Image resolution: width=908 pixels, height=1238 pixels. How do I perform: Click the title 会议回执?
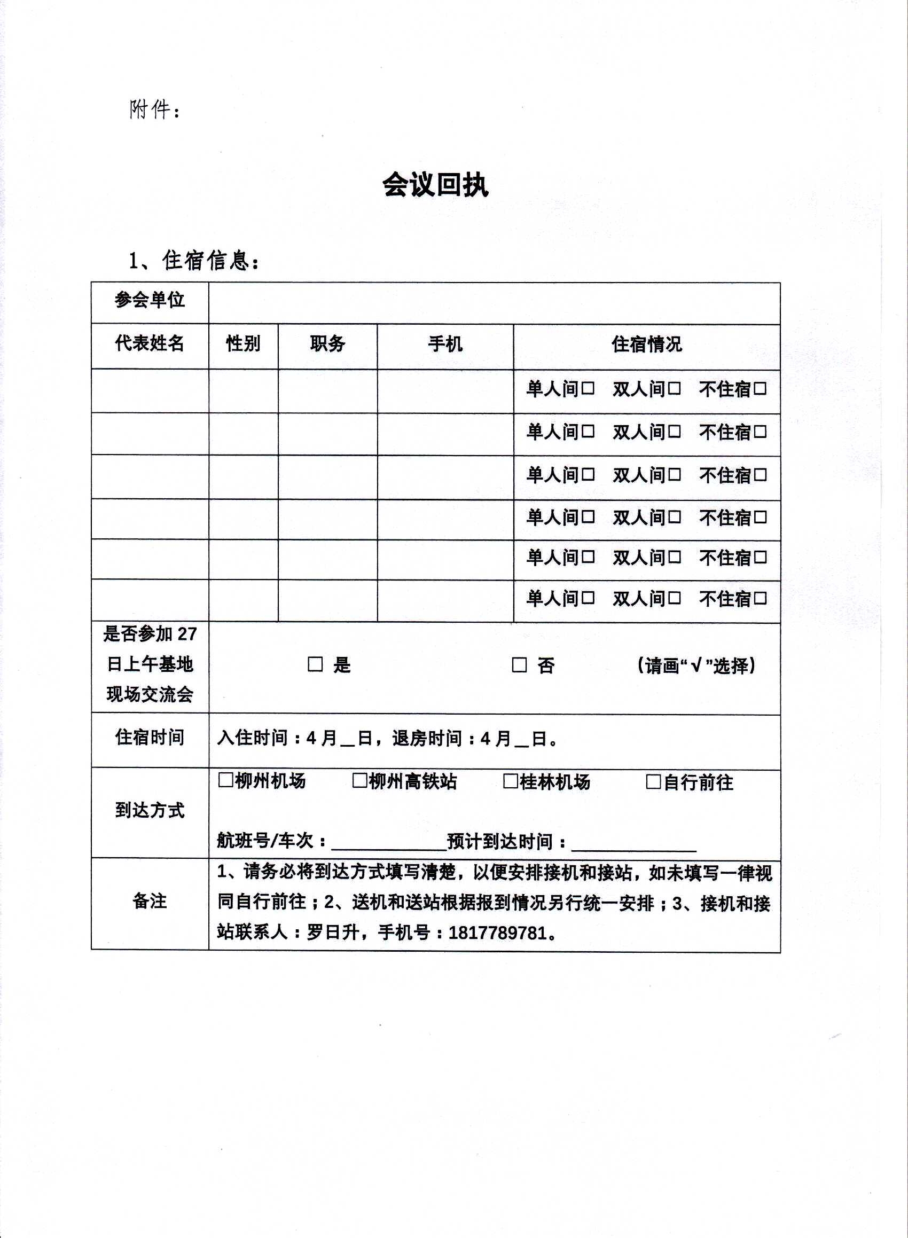point(435,185)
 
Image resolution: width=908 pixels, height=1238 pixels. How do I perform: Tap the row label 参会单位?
point(150,300)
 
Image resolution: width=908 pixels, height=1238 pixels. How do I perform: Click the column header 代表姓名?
point(150,343)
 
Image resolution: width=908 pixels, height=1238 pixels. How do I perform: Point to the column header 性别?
point(243,343)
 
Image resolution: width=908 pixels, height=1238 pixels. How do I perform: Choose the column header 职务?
point(327,343)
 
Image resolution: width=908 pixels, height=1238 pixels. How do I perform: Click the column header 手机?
point(445,344)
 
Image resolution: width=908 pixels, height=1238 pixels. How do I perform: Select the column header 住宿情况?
point(646,344)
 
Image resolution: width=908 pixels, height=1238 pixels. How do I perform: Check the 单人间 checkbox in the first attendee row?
point(588,388)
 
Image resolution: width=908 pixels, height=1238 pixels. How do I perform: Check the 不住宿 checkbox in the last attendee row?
point(760,598)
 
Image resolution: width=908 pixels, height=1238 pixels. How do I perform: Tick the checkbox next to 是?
point(315,664)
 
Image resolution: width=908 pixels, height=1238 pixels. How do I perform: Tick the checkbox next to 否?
point(519,665)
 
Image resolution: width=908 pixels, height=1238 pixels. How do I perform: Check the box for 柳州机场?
point(225,780)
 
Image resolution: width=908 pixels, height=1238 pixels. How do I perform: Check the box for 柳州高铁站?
point(359,781)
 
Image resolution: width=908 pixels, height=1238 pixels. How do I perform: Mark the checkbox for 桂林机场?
point(511,781)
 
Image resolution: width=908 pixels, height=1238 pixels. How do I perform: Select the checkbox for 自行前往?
point(653,782)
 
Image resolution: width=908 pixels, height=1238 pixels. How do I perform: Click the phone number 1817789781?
point(497,933)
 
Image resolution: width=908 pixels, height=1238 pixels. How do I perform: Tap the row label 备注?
point(150,901)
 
